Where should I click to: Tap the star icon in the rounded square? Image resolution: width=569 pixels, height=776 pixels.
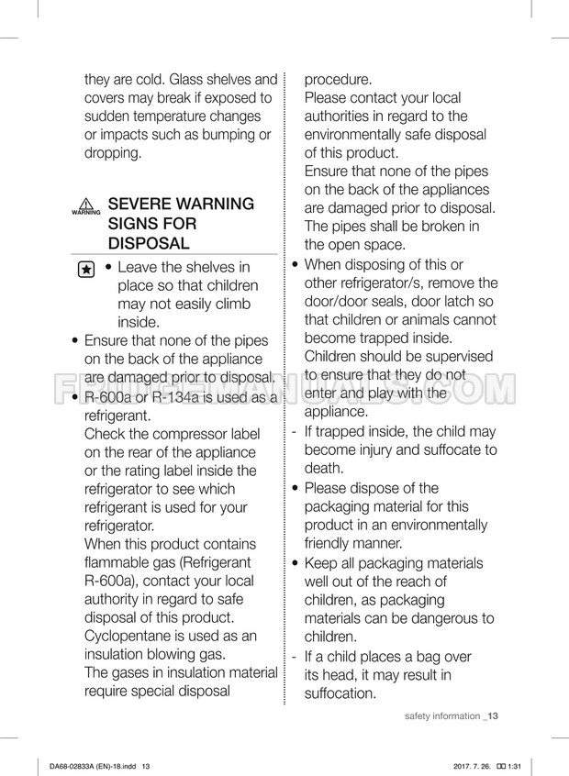[x=85, y=270]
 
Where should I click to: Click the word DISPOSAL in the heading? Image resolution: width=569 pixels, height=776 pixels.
[x=149, y=243]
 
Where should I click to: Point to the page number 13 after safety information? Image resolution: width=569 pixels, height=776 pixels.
[x=493, y=715]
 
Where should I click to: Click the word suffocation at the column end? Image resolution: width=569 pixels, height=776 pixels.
[x=340, y=693]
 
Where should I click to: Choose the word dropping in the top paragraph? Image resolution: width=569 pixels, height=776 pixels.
[x=112, y=152]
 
